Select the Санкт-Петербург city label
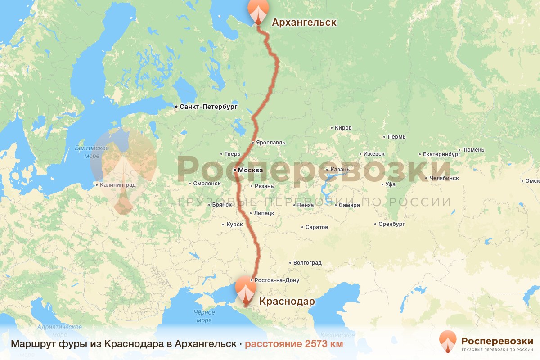[208, 107]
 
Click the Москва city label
[250, 170]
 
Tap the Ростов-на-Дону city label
[277, 280]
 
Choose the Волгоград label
[307, 263]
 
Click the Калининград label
[117, 184]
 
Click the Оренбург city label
[392, 224]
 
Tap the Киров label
[343, 128]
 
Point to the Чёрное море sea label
[204, 316]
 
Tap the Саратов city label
[317, 227]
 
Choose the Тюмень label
[473, 150]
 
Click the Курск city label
[235, 224]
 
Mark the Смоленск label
[207, 184]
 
